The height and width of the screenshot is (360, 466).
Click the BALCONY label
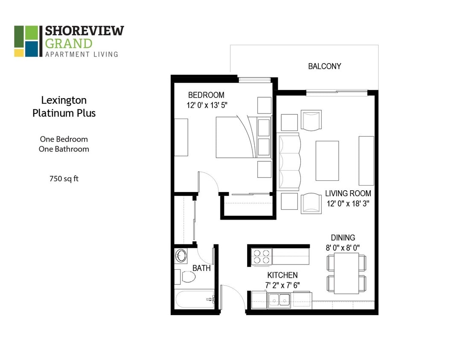click(324, 67)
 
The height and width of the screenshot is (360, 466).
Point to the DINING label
click(343, 238)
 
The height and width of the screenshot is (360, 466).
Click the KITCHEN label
click(282, 275)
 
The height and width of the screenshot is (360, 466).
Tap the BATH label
click(201, 268)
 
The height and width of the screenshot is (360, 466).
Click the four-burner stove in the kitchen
click(262, 257)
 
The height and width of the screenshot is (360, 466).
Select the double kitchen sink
click(279, 300)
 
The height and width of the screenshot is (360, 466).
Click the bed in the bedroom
click(237, 137)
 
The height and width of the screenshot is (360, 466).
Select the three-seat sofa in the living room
click(290, 161)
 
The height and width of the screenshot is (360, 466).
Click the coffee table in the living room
click(327, 160)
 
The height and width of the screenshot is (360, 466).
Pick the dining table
click(346, 273)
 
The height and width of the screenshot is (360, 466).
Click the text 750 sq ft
click(64, 179)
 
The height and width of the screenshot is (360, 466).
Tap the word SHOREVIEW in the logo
click(84, 31)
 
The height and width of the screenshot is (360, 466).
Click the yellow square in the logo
click(19, 53)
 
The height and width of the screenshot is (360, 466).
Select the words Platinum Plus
click(64, 113)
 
